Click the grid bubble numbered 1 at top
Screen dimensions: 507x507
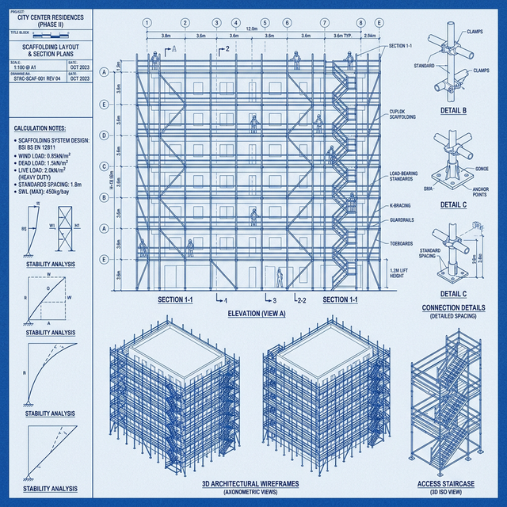(147, 23)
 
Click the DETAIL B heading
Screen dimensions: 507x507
(453, 112)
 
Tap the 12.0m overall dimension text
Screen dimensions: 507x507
(252, 29)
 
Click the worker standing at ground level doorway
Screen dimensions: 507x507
(279, 277)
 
